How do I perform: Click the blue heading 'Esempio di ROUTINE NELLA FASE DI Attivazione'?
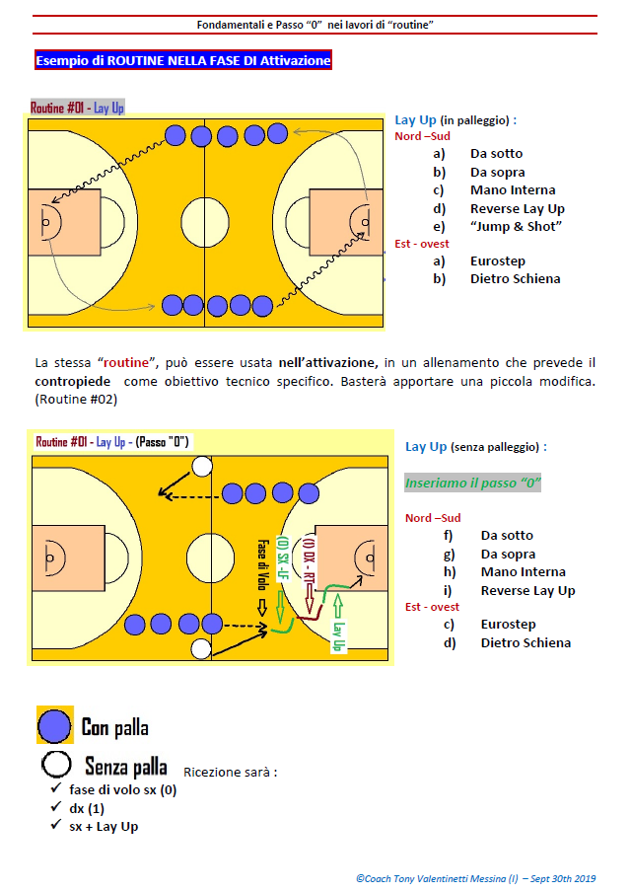[182, 60]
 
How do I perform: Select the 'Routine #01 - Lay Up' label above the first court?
[77, 108]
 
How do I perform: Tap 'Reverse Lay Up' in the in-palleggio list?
[518, 208]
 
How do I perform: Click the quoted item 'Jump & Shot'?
[516, 226]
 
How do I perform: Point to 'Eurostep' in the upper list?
[498, 260]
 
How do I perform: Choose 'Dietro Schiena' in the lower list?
[526, 642]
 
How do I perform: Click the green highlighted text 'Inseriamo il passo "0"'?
[473, 483]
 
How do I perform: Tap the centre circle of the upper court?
[205, 222]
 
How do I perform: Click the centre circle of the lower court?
[211, 558]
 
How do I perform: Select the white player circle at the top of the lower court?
[202, 466]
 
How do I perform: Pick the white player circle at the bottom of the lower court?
[201, 648]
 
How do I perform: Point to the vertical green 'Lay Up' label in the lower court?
[338, 636]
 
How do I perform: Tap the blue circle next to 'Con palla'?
[54, 726]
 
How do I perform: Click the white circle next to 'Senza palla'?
[56, 764]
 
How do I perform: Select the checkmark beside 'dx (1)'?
[56, 807]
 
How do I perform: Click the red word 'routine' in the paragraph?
[126, 363]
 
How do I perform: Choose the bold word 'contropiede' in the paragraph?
[73, 381]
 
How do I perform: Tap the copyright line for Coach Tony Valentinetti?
[475, 879]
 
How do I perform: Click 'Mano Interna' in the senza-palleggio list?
[523, 571]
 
